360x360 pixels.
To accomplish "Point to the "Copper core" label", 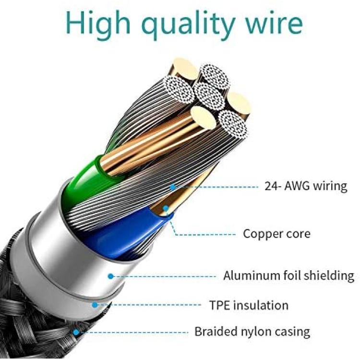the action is (276, 234).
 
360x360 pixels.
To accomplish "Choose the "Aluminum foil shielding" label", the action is (288, 276).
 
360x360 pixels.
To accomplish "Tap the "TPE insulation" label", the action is (249, 305).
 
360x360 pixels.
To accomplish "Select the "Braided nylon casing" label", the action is (252, 332).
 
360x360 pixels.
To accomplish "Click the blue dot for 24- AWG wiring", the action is (172, 187).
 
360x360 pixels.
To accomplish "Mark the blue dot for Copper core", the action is (166, 208).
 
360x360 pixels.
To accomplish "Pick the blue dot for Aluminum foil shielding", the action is (111, 276).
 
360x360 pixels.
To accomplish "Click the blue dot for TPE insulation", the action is (95, 305).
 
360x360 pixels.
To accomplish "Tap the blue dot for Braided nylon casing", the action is (76, 332).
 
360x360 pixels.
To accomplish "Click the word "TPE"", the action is (219, 305).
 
